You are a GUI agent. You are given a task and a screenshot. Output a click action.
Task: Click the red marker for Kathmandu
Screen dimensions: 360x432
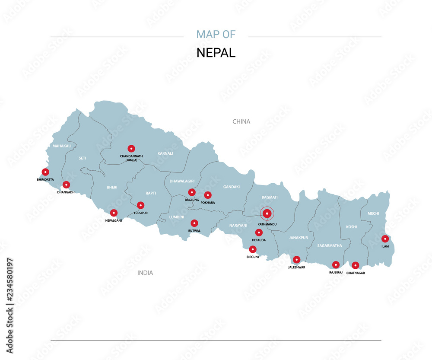[x=267, y=213]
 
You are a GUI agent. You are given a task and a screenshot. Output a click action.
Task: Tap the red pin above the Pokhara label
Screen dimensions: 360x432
[x=208, y=195]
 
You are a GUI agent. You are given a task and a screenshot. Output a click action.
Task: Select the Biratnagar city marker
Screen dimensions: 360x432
[x=355, y=265]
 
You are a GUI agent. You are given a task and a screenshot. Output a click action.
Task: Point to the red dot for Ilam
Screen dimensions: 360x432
[x=385, y=239]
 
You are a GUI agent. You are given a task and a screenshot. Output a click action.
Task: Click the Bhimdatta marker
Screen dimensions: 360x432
[x=45, y=172]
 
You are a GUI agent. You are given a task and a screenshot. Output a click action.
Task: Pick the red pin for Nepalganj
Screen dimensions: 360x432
[x=114, y=213]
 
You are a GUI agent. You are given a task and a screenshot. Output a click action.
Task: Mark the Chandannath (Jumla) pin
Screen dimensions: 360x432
[x=131, y=148]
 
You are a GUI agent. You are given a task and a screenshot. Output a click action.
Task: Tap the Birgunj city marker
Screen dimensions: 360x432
[x=253, y=249]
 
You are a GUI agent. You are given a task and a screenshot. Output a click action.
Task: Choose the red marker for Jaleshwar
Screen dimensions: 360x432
[x=296, y=260]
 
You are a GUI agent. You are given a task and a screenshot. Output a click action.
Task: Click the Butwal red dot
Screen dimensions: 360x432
[x=194, y=223]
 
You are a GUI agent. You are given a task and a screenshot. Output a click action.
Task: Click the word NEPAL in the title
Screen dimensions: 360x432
[x=216, y=53]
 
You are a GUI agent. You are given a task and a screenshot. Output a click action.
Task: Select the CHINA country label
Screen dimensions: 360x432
[x=241, y=121]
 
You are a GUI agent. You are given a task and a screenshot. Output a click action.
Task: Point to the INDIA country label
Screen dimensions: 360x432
[x=145, y=273]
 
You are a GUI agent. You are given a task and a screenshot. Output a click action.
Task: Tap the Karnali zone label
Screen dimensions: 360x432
[x=165, y=153]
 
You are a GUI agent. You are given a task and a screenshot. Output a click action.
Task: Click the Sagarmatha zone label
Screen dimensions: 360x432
[x=330, y=245]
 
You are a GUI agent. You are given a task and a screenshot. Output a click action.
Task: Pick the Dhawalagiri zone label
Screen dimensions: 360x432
[x=182, y=181]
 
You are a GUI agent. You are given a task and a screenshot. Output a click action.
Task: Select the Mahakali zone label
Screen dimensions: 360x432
[x=62, y=146]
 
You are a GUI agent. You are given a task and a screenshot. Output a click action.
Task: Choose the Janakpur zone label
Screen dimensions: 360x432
[x=298, y=238]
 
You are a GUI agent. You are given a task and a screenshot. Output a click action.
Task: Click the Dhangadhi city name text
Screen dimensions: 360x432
[x=66, y=192]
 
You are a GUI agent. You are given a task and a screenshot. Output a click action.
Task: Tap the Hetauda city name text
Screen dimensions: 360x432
[x=259, y=240]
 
